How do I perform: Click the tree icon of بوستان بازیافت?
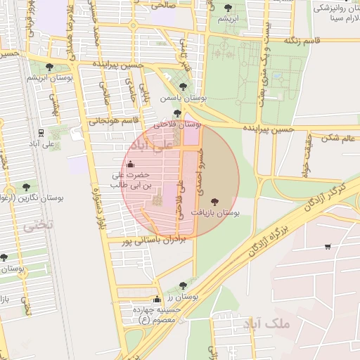tap(214, 201)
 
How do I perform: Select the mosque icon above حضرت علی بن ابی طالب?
tap(139, 165)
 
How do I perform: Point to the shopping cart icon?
tap(328, 246)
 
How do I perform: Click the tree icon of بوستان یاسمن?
tap(183, 87)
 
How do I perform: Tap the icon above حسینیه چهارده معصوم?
tap(157, 299)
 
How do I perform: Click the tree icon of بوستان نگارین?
tap(26, 187)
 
